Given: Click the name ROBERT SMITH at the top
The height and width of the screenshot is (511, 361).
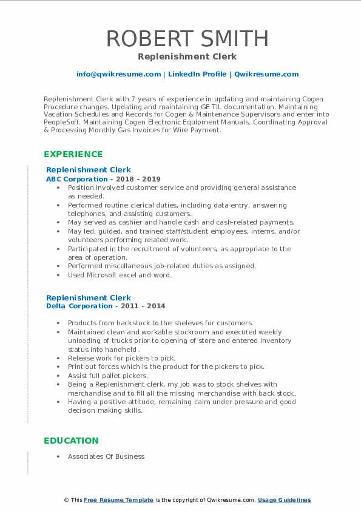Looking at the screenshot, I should tap(187, 38).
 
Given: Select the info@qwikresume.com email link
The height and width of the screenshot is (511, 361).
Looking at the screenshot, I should tap(118, 74).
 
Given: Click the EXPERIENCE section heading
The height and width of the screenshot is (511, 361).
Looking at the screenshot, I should tap(73, 154).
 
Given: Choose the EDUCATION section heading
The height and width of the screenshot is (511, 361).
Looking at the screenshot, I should tap(71, 441).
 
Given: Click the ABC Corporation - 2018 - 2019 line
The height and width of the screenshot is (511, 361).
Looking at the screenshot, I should tap(103, 180).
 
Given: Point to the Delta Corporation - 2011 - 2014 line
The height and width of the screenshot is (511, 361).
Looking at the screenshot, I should tap(106, 306).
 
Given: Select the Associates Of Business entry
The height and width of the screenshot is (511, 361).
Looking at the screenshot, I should tap(106, 456).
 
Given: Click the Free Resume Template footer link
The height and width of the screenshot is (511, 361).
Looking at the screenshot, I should tap(118, 500).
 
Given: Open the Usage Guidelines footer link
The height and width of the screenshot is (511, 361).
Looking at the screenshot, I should tap(284, 500).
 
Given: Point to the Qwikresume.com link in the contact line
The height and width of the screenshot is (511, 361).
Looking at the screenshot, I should tap(266, 74).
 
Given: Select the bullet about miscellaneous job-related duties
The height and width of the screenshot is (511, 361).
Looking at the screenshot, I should tap(162, 266).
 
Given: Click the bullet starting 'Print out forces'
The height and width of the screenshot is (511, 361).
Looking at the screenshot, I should tap(166, 367).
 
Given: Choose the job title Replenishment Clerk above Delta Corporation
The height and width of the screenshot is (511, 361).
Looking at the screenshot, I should tap(89, 298).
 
